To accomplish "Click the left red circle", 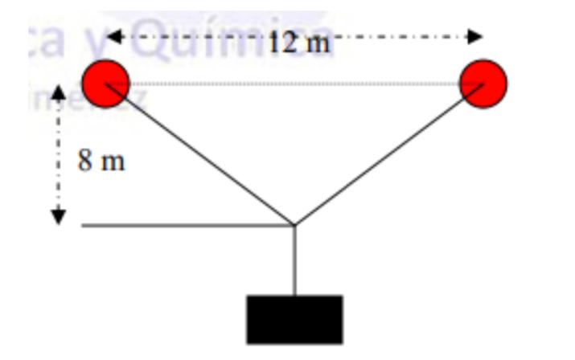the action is click(105, 82).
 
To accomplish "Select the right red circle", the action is click(483, 82).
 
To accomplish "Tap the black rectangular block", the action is click(294, 319).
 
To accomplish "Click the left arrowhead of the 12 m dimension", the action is click(113, 36).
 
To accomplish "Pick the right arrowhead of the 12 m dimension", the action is click(476, 36).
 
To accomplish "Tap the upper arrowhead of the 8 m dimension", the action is click(58, 93).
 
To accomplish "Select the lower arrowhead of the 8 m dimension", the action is click(58, 218).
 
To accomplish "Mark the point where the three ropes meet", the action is click(294, 225).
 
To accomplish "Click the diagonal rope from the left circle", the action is click(201, 155).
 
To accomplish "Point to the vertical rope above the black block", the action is click(294, 260).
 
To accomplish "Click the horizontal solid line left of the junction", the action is click(185, 226).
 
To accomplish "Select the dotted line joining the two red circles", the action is click(294, 83).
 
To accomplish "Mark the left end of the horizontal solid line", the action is click(83, 226).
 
